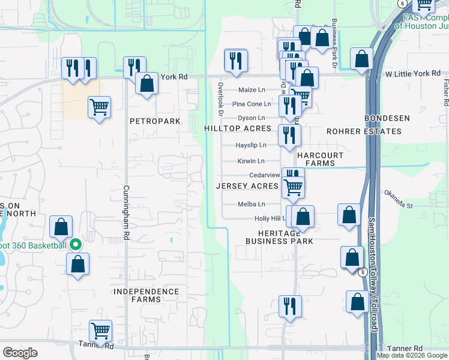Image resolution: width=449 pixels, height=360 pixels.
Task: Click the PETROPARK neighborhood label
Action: pos(155,121)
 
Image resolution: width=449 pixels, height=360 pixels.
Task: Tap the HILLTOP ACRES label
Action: pos(238,129)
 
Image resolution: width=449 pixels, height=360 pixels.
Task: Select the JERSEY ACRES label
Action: pos(248,187)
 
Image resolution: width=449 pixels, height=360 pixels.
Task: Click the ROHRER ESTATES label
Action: pos(364,131)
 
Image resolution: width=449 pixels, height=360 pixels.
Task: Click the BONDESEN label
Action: pos(387,118)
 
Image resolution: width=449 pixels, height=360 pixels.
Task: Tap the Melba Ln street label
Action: pos(251,204)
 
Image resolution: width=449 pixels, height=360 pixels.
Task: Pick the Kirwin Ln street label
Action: pos(251,161)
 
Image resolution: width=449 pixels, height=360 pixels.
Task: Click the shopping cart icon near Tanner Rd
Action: pos(100,331)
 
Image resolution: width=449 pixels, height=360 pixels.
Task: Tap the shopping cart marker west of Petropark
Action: pos(100,107)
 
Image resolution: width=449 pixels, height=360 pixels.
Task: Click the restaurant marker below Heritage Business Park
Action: pos(290,306)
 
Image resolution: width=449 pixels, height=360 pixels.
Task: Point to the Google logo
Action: pos(20,353)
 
